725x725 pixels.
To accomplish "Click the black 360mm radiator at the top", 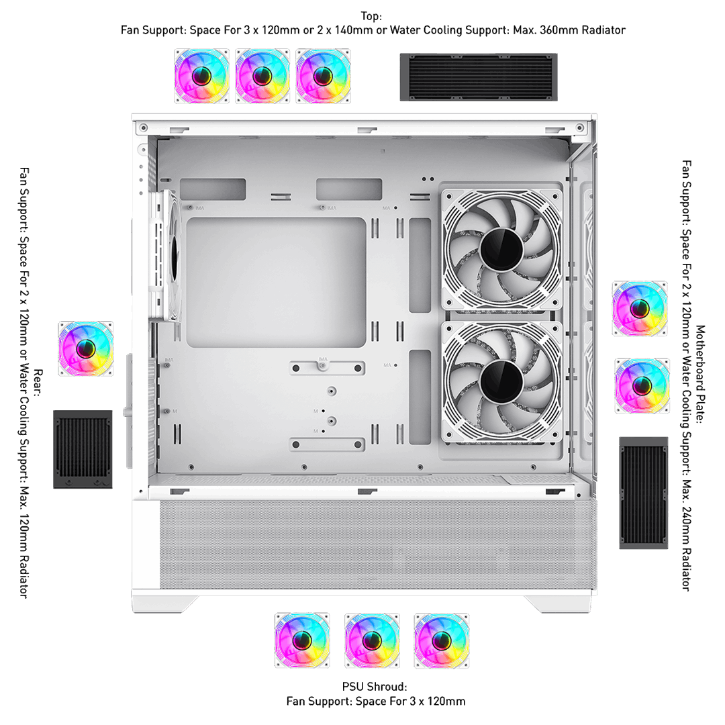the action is pyautogui.click(x=479, y=77).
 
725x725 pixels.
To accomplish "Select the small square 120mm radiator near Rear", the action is pyautogui.click(x=83, y=449).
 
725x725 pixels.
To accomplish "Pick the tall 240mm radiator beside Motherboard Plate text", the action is pyautogui.click(x=644, y=493).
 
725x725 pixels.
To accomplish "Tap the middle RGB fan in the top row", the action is pyautogui.click(x=262, y=77).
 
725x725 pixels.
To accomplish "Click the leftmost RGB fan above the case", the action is pyautogui.click(x=201, y=77).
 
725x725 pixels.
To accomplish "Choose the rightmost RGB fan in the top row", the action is pyautogui.click(x=323, y=77).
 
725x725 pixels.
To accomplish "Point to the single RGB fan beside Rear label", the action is pyautogui.click(x=85, y=348).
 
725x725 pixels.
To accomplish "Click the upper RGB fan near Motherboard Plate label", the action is pyautogui.click(x=640, y=308).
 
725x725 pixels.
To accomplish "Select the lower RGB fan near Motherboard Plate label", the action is pyautogui.click(x=642, y=385).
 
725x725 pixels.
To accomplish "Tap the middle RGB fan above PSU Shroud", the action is pyautogui.click(x=372, y=641).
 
